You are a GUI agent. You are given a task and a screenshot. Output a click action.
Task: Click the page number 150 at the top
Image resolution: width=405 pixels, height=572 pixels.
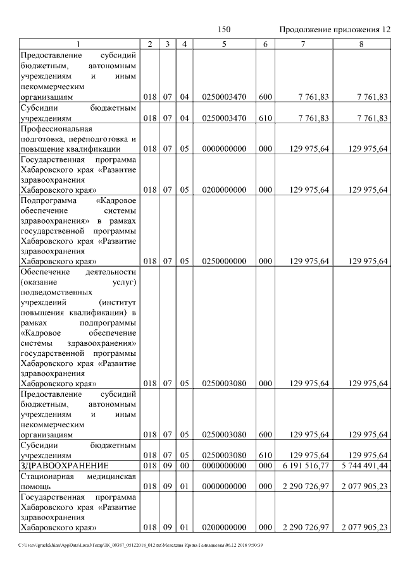point(224,30)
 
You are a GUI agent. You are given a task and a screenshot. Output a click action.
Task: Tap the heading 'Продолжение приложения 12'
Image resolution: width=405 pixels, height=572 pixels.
point(334,30)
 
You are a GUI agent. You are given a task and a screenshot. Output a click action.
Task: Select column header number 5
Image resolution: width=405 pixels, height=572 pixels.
point(224,44)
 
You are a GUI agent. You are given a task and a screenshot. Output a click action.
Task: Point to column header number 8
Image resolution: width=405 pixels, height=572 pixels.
point(361,44)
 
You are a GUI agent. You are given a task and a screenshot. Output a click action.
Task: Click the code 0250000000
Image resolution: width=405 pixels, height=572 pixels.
point(224,260)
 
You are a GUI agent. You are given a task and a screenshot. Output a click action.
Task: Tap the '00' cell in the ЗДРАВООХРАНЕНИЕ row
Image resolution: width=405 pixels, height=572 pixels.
point(184,465)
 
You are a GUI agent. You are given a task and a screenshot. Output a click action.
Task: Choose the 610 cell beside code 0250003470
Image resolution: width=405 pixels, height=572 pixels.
point(265,118)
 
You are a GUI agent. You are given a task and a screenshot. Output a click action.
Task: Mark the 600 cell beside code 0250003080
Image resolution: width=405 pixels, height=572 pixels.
point(265,434)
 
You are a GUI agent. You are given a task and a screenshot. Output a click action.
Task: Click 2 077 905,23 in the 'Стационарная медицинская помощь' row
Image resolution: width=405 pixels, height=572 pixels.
point(364,485)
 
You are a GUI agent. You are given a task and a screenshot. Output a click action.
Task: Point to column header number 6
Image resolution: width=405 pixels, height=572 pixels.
point(265,44)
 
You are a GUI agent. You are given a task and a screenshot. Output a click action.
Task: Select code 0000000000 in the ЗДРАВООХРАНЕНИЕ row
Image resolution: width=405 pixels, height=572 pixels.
point(224,465)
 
